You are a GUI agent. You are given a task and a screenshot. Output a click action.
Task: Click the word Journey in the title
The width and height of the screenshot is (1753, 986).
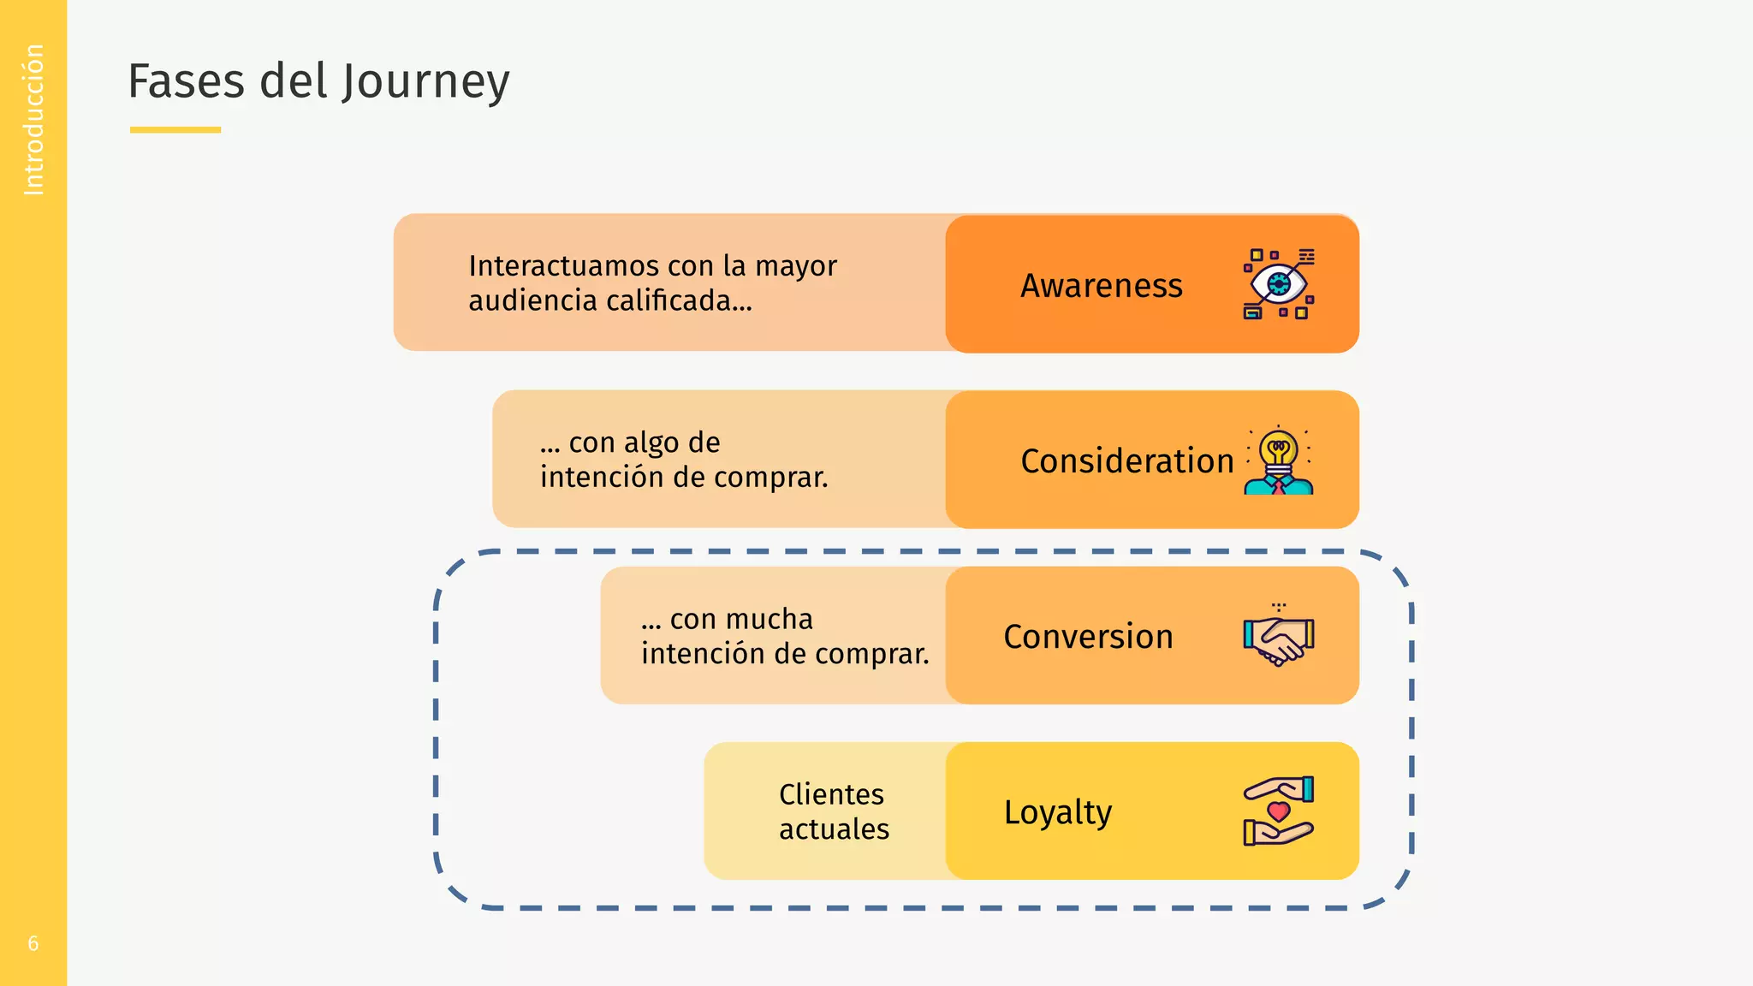[x=425, y=83]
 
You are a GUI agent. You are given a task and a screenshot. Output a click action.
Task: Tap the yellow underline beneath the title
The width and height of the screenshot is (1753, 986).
[x=175, y=130]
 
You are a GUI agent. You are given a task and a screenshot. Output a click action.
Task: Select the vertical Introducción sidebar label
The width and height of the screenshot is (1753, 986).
[x=33, y=120]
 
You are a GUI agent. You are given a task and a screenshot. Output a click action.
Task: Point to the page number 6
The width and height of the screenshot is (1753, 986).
[x=33, y=943]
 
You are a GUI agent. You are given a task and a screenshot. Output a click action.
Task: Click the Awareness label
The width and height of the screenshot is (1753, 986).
[x=1101, y=286]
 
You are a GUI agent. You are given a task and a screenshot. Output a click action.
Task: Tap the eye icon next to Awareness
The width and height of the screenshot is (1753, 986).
[x=1279, y=283]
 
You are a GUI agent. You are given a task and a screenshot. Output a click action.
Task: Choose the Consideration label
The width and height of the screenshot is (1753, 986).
[x=1126, y=461]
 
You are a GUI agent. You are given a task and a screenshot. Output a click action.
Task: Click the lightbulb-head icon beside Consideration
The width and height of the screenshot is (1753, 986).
[x=1279, y=460]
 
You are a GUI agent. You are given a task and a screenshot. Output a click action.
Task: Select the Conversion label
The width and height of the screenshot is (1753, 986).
[x=1088, y=637]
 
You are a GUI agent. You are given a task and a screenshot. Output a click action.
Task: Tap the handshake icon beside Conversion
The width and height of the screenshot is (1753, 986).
[x=1279, y=637]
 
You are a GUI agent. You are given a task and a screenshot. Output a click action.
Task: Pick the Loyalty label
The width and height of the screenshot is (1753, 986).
[x=1058, y=812]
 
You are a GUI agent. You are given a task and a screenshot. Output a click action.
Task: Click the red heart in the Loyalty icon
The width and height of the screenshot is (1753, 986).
[x=1279, y=811]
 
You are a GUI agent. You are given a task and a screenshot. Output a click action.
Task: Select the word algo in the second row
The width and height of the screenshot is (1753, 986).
[x=651, y=443]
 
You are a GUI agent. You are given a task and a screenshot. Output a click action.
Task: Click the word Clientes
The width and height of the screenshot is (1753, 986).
[x=831, y=794]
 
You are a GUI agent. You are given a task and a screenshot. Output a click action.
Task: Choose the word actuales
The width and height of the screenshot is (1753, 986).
[x=834, y=829]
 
